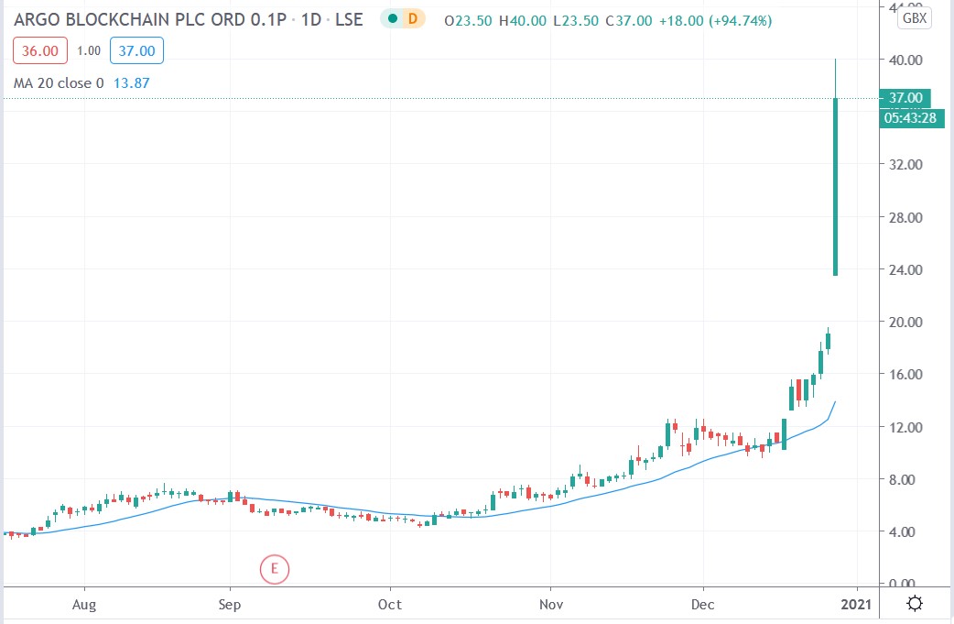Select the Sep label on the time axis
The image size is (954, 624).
[x=230, y=605]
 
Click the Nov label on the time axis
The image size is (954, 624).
[x=551, y=605]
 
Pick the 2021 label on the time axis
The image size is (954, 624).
[x=857, y=605]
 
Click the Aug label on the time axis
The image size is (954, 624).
[x=84, y=605]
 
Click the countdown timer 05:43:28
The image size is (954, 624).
[x=911, y=117]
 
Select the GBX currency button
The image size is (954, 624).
[x=914, y=17]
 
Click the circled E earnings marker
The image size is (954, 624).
[x=274, y=569]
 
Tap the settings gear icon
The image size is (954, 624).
[x=915, y=604]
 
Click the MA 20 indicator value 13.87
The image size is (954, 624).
[x=131, y=83]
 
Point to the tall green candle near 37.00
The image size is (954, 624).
[x=835, y=183]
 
